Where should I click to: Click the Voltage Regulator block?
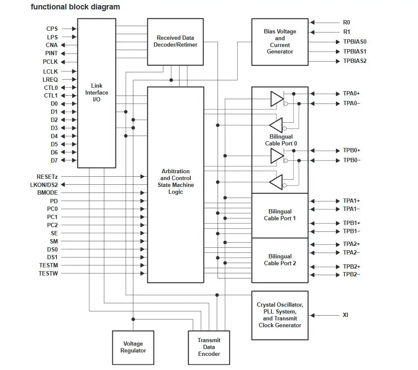pyautogui.click(x=133, y=347)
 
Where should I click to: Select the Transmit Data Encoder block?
pyautogui.click(x=209, y=347)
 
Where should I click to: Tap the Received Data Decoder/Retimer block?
pyautogui.click(x=175, y=42)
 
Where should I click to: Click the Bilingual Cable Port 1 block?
pyautogui.click(x=280, y=215)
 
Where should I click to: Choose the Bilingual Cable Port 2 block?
pyautogui.click(x=280, y=260)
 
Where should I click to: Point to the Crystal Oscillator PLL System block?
pyautogui.click(x=280, y=315)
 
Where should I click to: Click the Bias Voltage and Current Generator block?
pyautogui.click(x=280, y=42)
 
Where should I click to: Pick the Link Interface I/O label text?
pyautogui.click(x=97, y=92)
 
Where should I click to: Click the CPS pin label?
pyautogui.click(x=52, y=29)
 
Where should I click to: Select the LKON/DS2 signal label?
pyautogui.click(x=44, y=185)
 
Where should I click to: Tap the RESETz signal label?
pyautogui.click(x=47, y=177)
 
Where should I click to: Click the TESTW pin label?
pyautogui.click(x=48, y=273)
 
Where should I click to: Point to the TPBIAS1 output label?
pyautogui.click(x=355, y=51)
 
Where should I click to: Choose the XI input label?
pyautogui.click(x=345, y=315)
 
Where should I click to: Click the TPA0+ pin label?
pyautogui.click(x=351, y=93)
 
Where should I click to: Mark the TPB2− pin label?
pyautogui.click(x=351, y=274)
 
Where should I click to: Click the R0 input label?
pyautogui.click(x=347, y=22)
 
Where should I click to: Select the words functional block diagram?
pyautogui.click(x=76, y=7)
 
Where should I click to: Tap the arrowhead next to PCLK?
pyautogui.click(x=63, y=62)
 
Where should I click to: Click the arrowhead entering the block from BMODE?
pyautogui.click(x=142, y=192)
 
